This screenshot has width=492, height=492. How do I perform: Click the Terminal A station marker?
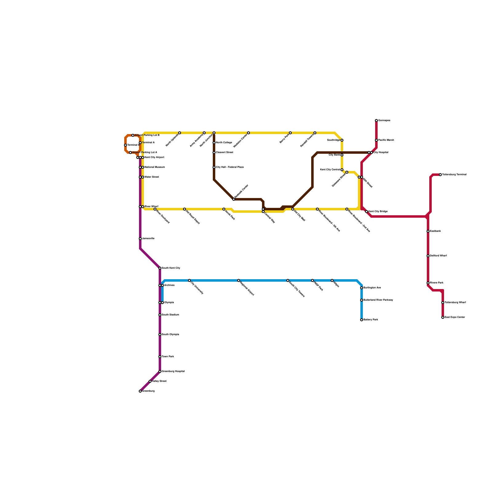pos(140,143)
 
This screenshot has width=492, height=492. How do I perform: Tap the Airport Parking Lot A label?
pos(145,153)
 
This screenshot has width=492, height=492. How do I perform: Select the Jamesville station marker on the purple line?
pos(140,239)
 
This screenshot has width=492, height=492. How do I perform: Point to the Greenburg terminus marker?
pos(140,391)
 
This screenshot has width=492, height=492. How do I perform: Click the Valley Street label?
pos(159,381)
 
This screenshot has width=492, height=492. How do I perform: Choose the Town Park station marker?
pos(160,357)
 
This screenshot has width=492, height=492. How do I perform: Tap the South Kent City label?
pos(171,268)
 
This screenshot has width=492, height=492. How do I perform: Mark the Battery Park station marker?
pos(362,320)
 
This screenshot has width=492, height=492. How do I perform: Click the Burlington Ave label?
pos(372,288)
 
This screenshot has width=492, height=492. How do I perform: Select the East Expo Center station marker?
pos(443,317)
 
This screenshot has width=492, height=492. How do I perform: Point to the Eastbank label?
pos(435,231)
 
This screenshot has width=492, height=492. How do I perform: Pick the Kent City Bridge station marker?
pos(367,212)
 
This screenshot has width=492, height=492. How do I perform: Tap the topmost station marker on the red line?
pos(376,121)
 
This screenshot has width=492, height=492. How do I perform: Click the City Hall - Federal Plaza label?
pos(230,167)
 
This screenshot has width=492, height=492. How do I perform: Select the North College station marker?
pos(214,143)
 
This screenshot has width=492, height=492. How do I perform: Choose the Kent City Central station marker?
pos(342,170)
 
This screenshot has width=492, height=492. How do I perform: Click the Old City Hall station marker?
pos(293,209)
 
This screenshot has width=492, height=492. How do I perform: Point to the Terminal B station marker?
pos(125,145)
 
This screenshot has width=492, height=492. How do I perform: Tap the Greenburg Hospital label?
pos(173,371)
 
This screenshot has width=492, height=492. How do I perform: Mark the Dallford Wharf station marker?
pos(428,256)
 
